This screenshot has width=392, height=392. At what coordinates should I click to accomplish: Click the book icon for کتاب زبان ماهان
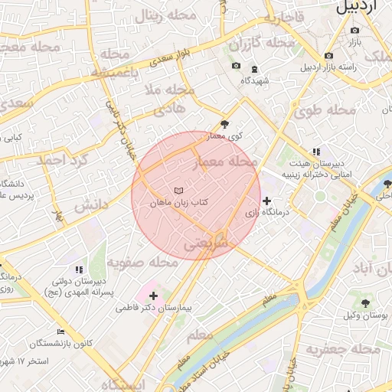[178, 189]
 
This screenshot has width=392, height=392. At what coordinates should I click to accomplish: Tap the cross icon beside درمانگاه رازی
[266, 201]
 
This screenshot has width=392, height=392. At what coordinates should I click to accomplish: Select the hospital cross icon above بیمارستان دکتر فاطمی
[154, 295]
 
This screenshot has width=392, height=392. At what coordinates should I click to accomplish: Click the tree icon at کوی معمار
[224, 123]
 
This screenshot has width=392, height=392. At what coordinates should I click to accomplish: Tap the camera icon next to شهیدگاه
[235, 66]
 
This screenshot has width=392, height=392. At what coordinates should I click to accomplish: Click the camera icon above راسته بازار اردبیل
[328, 55]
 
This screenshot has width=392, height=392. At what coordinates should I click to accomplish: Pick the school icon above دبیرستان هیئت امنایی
[315, 152]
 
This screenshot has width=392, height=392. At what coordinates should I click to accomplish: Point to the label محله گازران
[262, 44]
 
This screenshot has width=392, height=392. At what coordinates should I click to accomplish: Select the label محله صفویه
[142, 263]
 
